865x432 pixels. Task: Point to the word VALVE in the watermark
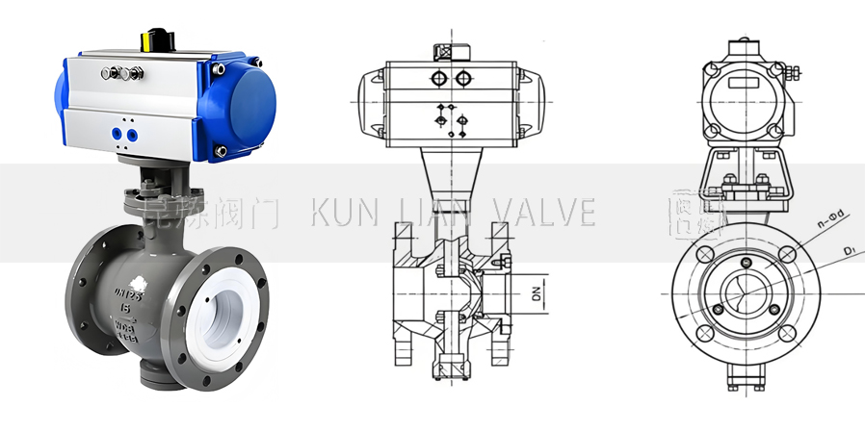543,213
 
